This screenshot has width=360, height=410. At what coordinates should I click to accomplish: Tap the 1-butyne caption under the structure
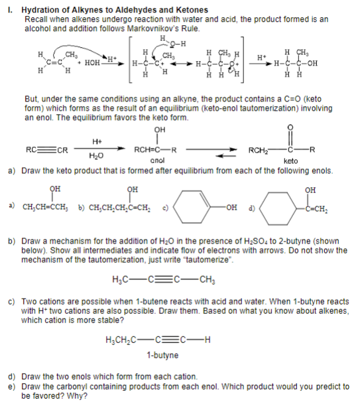162,355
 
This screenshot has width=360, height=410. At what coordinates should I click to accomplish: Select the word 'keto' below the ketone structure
290,160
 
